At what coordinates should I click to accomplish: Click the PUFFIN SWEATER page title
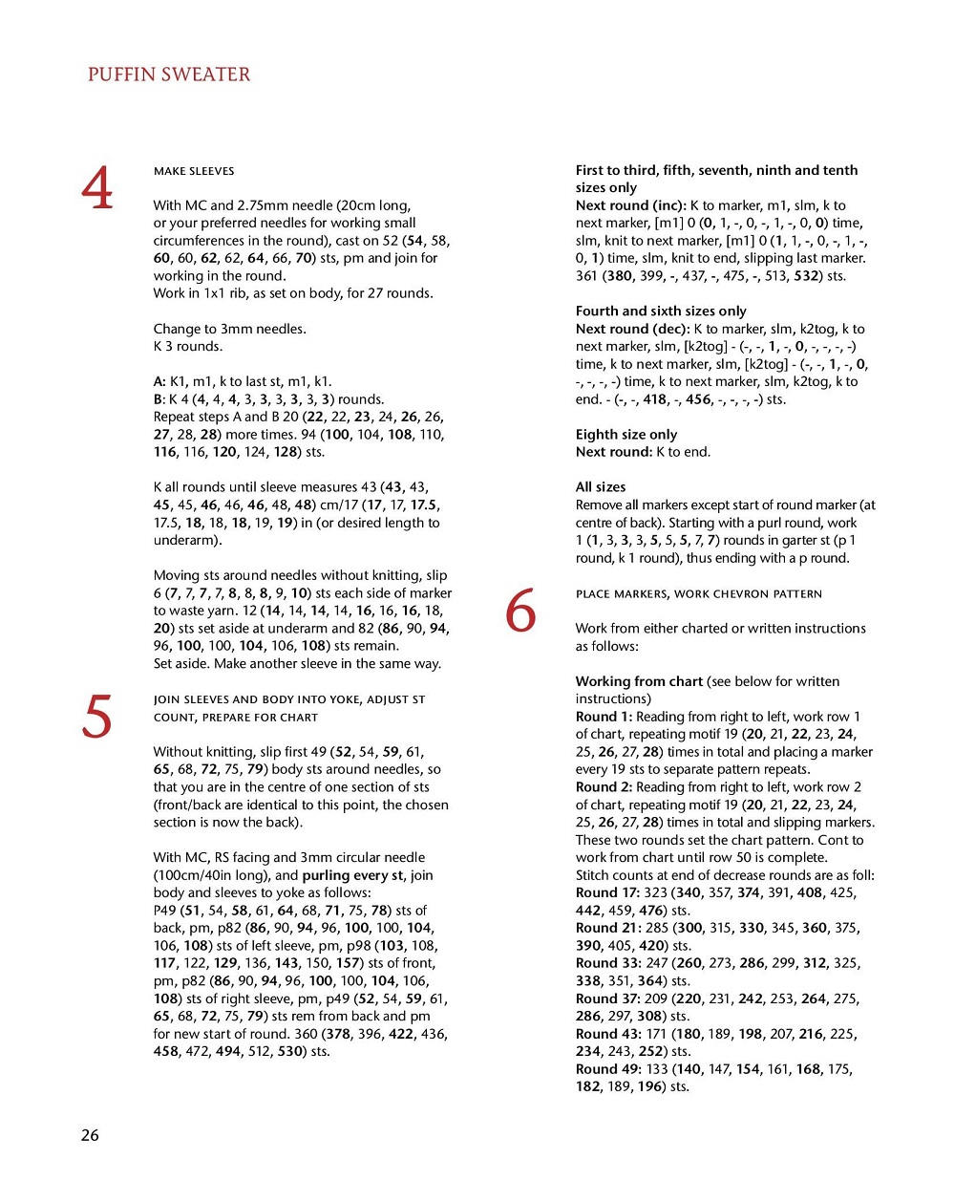click(x=169, y=75)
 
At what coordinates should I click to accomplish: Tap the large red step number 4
click(x=97, y=188)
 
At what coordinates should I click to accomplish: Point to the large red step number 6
click(x=520, y=611)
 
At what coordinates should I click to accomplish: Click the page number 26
click(x=90, y=1135)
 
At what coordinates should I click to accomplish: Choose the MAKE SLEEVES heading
click(x=194, y=171)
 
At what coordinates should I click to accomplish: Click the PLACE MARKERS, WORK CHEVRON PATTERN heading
click(x=698, y=594)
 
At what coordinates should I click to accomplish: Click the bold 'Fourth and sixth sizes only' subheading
click(x=661, y=311)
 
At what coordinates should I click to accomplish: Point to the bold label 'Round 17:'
click(x=607, y=892)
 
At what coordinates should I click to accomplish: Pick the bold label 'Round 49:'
click(x=607, y=1069)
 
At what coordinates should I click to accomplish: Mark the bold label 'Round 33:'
click(x=607, y=963)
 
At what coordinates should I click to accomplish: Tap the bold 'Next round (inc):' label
click(x=630, y=205)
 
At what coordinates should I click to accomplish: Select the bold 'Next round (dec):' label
click(x=632, y=329)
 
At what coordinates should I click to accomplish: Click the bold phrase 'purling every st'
click(x=352, y=875)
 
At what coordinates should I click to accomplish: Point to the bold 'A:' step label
click(x=159, y=381)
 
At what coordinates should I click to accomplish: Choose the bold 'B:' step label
click(x=159, y=399)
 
